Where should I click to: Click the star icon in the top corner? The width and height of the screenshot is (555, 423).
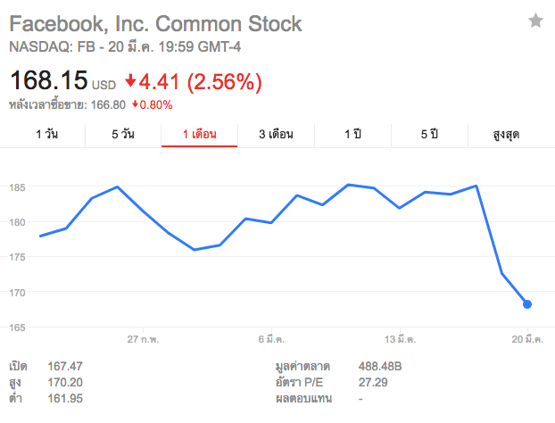[535, 21]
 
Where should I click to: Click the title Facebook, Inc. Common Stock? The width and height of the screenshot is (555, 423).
[155, 23]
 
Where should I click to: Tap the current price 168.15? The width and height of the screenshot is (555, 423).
[48, 83]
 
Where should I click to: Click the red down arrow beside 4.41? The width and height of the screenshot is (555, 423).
[130, 82]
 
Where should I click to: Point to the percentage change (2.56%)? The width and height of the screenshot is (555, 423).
[223, 83]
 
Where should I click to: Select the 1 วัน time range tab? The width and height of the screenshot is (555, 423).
[47, 135]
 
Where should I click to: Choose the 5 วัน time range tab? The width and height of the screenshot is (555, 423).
[123, 135]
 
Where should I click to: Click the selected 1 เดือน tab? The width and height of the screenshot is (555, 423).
[199, 135]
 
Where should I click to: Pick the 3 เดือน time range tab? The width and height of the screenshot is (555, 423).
[276, 135]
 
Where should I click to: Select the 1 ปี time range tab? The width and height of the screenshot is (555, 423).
[352, 135]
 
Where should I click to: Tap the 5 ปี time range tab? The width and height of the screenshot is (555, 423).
[429, 135]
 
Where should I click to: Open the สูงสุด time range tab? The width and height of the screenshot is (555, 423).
[506, 135]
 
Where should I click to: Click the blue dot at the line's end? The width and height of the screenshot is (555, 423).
[526, 304]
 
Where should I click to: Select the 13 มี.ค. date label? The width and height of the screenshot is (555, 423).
[401, 340]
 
